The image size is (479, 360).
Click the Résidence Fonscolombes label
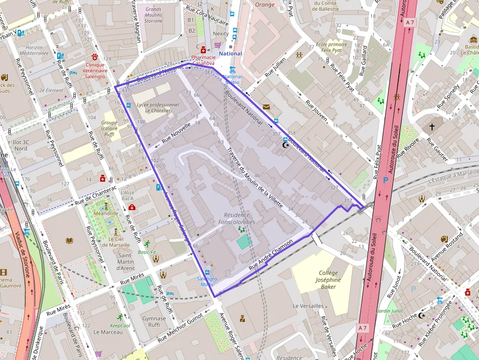click(x=237, y=218)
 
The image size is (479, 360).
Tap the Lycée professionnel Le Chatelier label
click(x=158, y=107)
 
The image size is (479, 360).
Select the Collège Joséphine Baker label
click(x=328, y=280)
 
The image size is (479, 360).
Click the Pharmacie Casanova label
click(x=203, y=60)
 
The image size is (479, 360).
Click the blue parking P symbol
click(x=385, y=180)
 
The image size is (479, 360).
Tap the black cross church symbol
click(x=432, y=127)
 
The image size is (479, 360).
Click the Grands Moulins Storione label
click(x=153, y=15)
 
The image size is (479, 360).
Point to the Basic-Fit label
click(x=147, y=252)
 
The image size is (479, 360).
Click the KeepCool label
click(x=120, y=325)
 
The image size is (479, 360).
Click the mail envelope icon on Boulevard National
click(x=266, y=106)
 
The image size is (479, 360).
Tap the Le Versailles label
click(x=308, y=306)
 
